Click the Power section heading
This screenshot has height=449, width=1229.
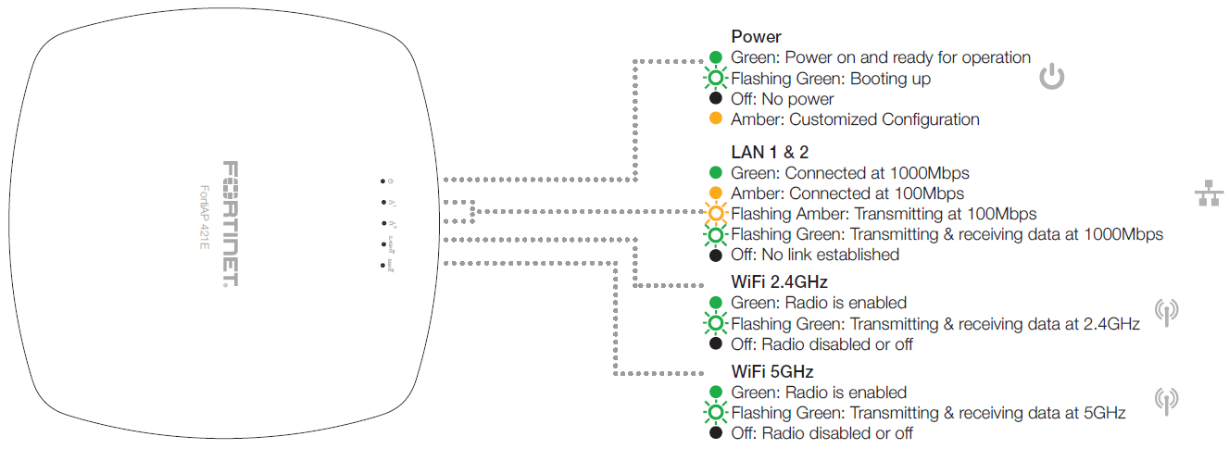(756, 37)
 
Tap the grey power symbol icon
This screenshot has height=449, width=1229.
(1051, 77)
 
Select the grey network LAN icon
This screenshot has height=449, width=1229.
(1208, 193)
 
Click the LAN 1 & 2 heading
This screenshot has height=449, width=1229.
(770, 152)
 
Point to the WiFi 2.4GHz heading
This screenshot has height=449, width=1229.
(779, 281)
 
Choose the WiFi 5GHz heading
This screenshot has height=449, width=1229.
(771, 372)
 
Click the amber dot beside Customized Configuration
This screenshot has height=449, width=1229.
(715, 119)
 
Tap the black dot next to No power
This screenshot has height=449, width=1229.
(715, 99)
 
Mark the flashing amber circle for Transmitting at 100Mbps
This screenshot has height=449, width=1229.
(715, 214)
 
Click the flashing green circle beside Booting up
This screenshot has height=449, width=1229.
(715, 79)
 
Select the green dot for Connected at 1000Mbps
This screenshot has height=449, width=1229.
(715, 173)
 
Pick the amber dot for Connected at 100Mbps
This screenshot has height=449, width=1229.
(715, 193)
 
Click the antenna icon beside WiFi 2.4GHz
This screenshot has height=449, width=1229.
(1166, 312)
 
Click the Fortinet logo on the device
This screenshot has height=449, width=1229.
(230, 223)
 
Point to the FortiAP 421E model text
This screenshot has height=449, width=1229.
(206, 223)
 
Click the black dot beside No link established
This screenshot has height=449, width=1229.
(715, 255)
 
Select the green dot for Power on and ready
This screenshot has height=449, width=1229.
(715, 58)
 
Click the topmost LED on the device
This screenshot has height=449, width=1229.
(382, 181)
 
